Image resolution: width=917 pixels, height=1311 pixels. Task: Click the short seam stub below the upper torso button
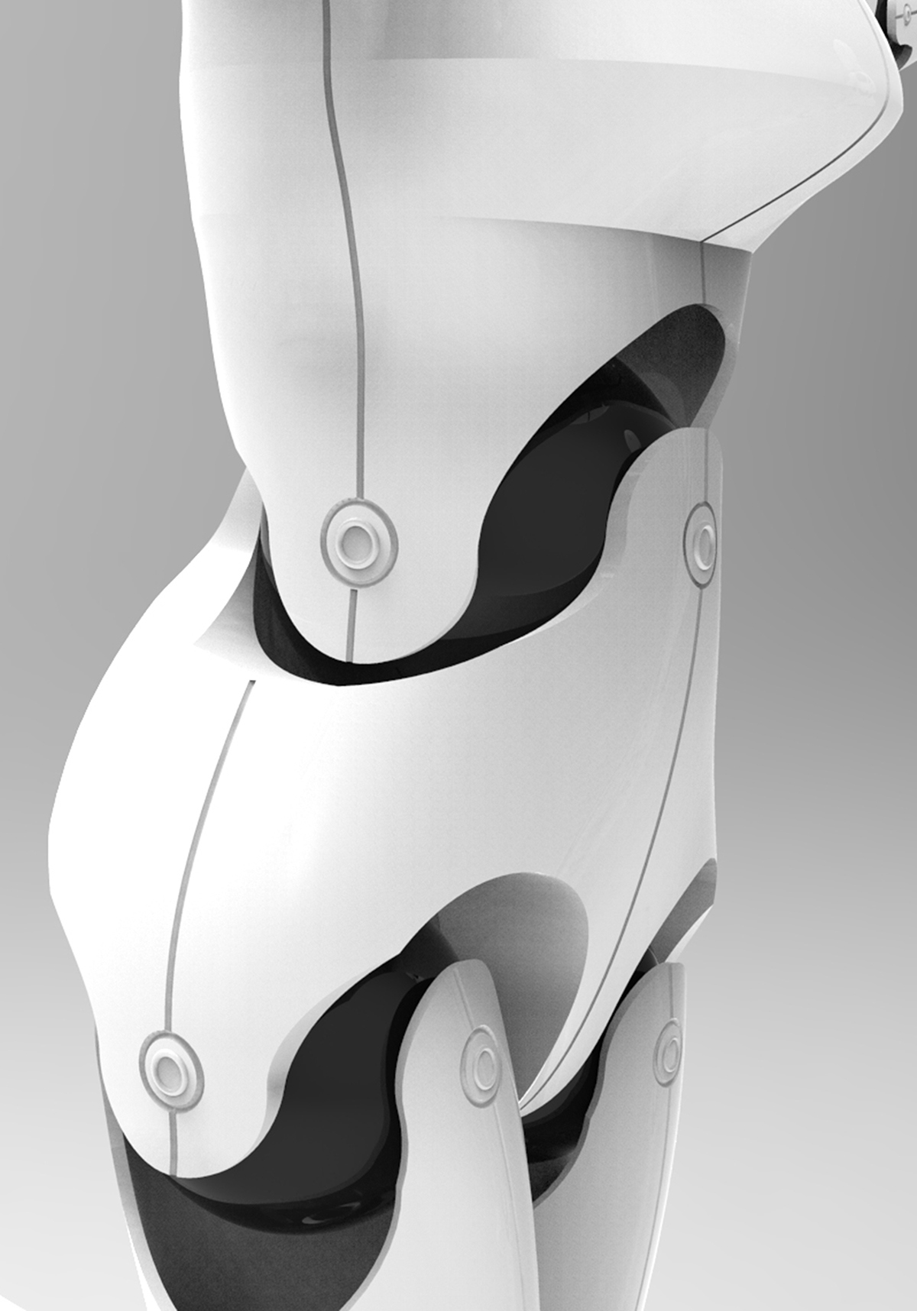[x=352, y=619]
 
